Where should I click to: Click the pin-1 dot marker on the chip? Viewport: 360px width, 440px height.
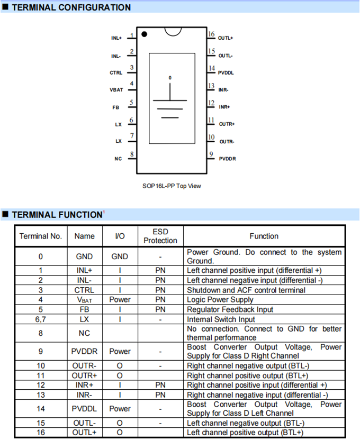[145, 34]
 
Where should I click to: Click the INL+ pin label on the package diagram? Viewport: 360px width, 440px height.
[116, 38]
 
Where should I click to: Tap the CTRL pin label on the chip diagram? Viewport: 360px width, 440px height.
[116, 72]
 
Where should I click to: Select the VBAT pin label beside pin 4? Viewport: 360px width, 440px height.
[116, 90]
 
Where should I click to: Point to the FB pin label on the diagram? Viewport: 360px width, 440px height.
[116, 107]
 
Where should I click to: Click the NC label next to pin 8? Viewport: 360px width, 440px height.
[118, 159]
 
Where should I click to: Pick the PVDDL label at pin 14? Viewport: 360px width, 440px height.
[226, 72]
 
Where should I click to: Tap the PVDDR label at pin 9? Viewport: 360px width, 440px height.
[228, 159]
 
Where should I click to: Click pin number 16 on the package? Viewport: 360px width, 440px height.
[211, 34]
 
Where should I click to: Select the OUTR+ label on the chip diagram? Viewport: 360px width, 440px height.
[227, 124]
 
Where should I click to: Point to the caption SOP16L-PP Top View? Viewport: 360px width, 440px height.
[172, 186]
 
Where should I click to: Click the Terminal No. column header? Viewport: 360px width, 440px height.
[41, 236]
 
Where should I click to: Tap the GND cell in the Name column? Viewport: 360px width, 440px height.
[84, 256]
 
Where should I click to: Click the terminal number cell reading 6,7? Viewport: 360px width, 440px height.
[41, 319]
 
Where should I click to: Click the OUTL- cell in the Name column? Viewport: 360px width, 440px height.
[84, 423]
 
